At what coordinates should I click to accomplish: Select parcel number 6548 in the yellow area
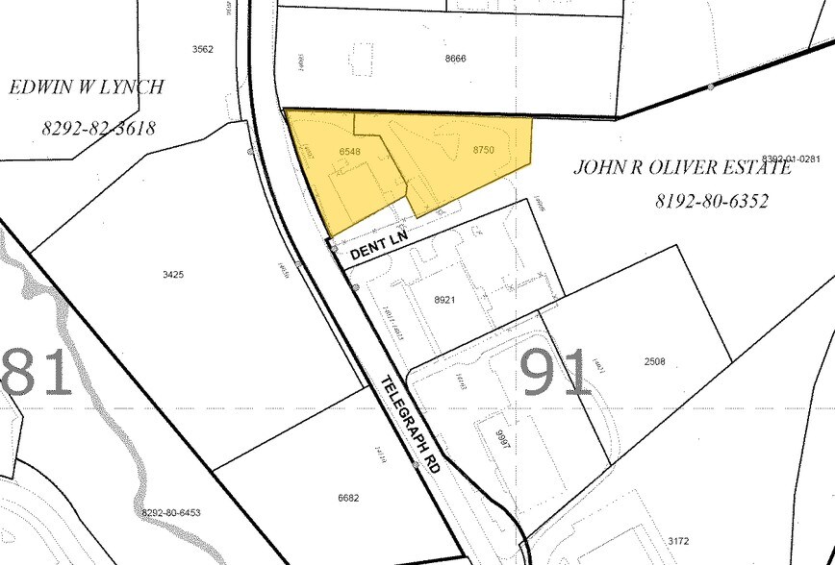coord(350,152)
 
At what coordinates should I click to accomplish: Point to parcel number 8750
coord(483,150)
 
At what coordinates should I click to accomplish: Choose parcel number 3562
coord(202,49)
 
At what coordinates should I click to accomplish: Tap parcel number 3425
coord(174,274)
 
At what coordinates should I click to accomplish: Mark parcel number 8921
coord(443,300)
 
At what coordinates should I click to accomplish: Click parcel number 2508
coord(654,362)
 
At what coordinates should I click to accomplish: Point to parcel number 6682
coord(348,497)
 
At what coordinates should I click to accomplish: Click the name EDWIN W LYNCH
coord(87,87)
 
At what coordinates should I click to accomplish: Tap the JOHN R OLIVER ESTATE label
coord(683,167)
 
